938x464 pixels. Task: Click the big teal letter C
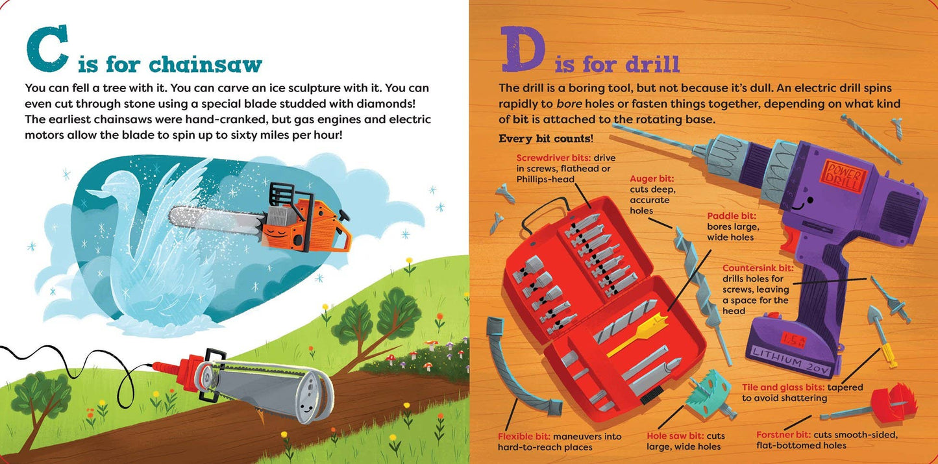coord(47,49)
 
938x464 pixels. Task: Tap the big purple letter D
coord(523,49)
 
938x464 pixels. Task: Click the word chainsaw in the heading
coord(206,64)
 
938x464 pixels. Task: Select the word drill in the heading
coord(652,64)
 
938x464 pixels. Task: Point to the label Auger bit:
coord(652,179)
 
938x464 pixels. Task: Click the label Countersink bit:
coord(758,268)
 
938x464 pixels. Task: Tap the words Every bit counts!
coord(546,139)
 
